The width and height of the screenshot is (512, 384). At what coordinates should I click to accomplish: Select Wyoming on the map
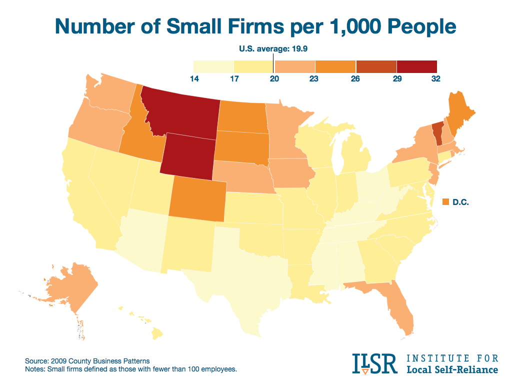(188, 155)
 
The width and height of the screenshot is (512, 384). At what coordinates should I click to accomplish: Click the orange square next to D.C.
(447, 202)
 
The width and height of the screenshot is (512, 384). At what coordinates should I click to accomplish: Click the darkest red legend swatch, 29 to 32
(417, 66)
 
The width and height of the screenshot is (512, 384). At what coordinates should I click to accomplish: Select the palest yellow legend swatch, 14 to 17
(213, 66)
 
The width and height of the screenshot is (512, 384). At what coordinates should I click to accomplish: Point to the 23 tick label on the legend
(315, 79)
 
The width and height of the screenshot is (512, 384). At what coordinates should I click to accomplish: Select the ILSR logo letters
(374, 363)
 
